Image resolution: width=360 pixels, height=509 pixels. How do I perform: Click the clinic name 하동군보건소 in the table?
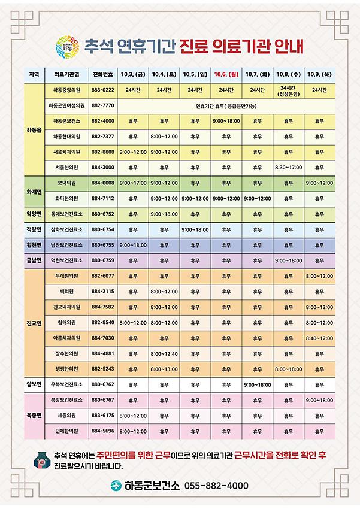pos(66,120)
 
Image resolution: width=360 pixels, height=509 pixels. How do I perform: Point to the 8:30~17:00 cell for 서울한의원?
pos(287,167)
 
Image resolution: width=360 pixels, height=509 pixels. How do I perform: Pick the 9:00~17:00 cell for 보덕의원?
pos(132,182)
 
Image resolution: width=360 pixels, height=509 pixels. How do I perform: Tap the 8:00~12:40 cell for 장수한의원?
pos(164,353)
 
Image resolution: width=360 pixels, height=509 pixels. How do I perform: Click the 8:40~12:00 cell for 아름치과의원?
pos(319,337)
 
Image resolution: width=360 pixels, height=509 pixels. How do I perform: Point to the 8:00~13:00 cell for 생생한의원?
pos(164,368)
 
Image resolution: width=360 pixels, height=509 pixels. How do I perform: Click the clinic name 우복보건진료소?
pos(66,384)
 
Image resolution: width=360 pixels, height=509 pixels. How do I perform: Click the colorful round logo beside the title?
pos(64,44)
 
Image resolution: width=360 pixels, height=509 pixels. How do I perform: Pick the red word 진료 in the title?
pos(197,44)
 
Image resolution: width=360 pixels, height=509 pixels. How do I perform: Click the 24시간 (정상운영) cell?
pos(287,90)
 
